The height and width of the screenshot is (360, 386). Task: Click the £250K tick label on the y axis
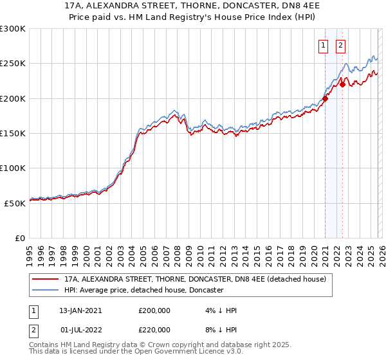coord(13,64)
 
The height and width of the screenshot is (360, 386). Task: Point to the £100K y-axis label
coord(13,168)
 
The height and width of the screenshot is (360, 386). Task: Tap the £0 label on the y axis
coord(20,238)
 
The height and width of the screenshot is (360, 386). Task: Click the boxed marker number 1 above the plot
coord(322,45)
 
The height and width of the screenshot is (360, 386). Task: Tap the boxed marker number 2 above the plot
coord(340,45)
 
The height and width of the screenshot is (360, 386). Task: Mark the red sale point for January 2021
coord(325,98)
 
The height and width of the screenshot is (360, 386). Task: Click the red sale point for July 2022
coord(342,84)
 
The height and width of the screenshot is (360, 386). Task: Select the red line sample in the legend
coord(46,279)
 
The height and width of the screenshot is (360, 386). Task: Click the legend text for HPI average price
coord(143,290)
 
